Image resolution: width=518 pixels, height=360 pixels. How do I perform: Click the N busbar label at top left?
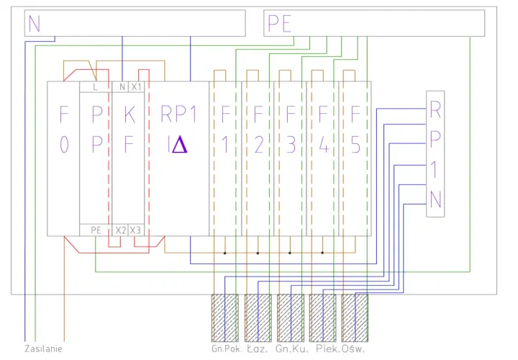point(35,23)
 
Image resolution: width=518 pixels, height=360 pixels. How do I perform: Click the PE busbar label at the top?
point(279,24)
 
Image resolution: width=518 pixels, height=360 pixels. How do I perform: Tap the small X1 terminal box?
point(136,86)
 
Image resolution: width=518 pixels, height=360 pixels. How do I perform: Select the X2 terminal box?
point(120,230)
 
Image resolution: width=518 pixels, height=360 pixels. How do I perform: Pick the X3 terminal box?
point(136,230)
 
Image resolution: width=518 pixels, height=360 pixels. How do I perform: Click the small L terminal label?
point(95,87)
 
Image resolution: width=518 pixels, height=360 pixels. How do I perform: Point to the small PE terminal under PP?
point(96,230)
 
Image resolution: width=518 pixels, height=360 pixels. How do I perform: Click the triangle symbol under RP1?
point(180,145)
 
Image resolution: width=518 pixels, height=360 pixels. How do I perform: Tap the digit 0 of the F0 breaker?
point(64,145)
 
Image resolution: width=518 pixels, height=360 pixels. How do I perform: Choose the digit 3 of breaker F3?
point(291,145)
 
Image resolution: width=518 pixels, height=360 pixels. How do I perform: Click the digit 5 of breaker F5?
point(355,145)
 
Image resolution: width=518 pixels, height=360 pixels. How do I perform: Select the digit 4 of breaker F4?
point(324,145)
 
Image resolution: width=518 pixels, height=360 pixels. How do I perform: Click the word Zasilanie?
point(43,348)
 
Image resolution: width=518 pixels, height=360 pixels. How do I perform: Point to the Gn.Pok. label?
point(227,348)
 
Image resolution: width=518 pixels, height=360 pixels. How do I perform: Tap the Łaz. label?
point(258,348)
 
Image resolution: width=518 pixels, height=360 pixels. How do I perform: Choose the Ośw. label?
point(353,348)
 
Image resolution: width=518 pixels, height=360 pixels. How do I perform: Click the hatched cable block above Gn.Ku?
point(291,318)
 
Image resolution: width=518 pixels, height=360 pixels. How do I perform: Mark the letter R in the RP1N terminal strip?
point(435,109)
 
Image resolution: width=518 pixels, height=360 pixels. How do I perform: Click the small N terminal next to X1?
point(122,86)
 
